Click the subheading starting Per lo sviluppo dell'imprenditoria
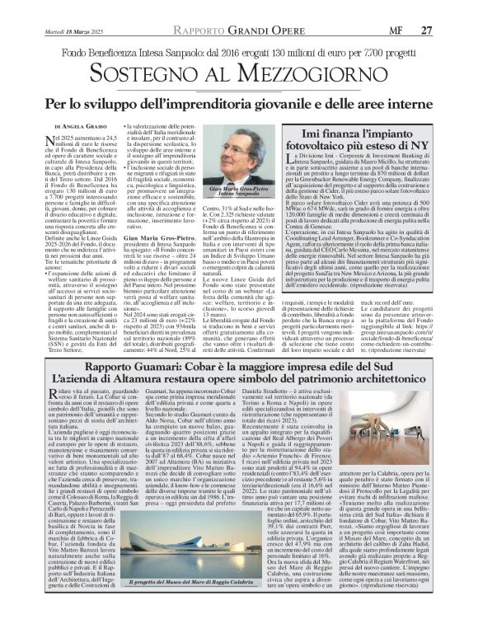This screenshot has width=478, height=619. click(239, 105)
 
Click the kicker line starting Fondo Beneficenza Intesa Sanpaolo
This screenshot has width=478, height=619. click(239, 52)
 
